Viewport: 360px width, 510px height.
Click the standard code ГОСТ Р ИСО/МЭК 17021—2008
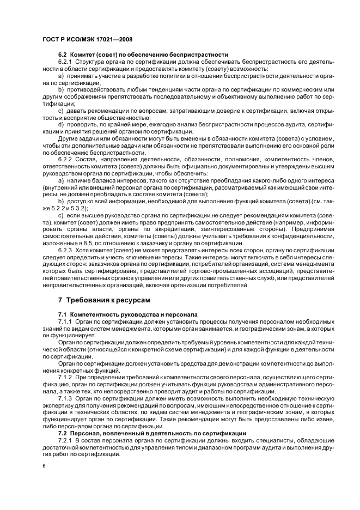coord(87,39)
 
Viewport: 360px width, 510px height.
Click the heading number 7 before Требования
coord(60,300)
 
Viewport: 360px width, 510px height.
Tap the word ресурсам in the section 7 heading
coord(132,300)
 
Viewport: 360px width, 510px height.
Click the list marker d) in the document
coord(61,125)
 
